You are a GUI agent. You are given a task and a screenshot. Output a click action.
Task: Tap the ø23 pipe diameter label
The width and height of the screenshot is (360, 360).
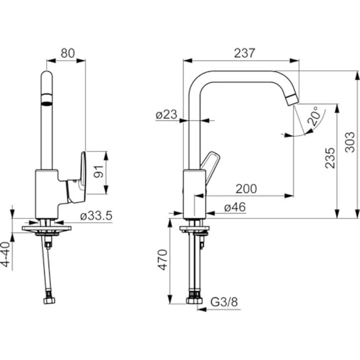click(x=167, y=115)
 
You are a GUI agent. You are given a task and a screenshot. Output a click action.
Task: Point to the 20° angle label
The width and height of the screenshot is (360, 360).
click(x=315, y=116)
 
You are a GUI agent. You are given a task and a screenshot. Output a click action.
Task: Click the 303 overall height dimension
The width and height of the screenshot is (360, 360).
click(x=349, y=142)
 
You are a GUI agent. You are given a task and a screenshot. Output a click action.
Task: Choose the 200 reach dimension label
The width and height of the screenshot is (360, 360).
click(x=245, y=188)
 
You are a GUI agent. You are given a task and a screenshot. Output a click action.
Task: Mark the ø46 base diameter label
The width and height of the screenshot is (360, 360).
click(x=235, y=208)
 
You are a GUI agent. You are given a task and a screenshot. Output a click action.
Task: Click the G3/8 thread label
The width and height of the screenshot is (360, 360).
click(x=224, y=303)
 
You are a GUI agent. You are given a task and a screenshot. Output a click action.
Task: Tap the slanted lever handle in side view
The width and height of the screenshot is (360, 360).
click(x=212, y=164)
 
